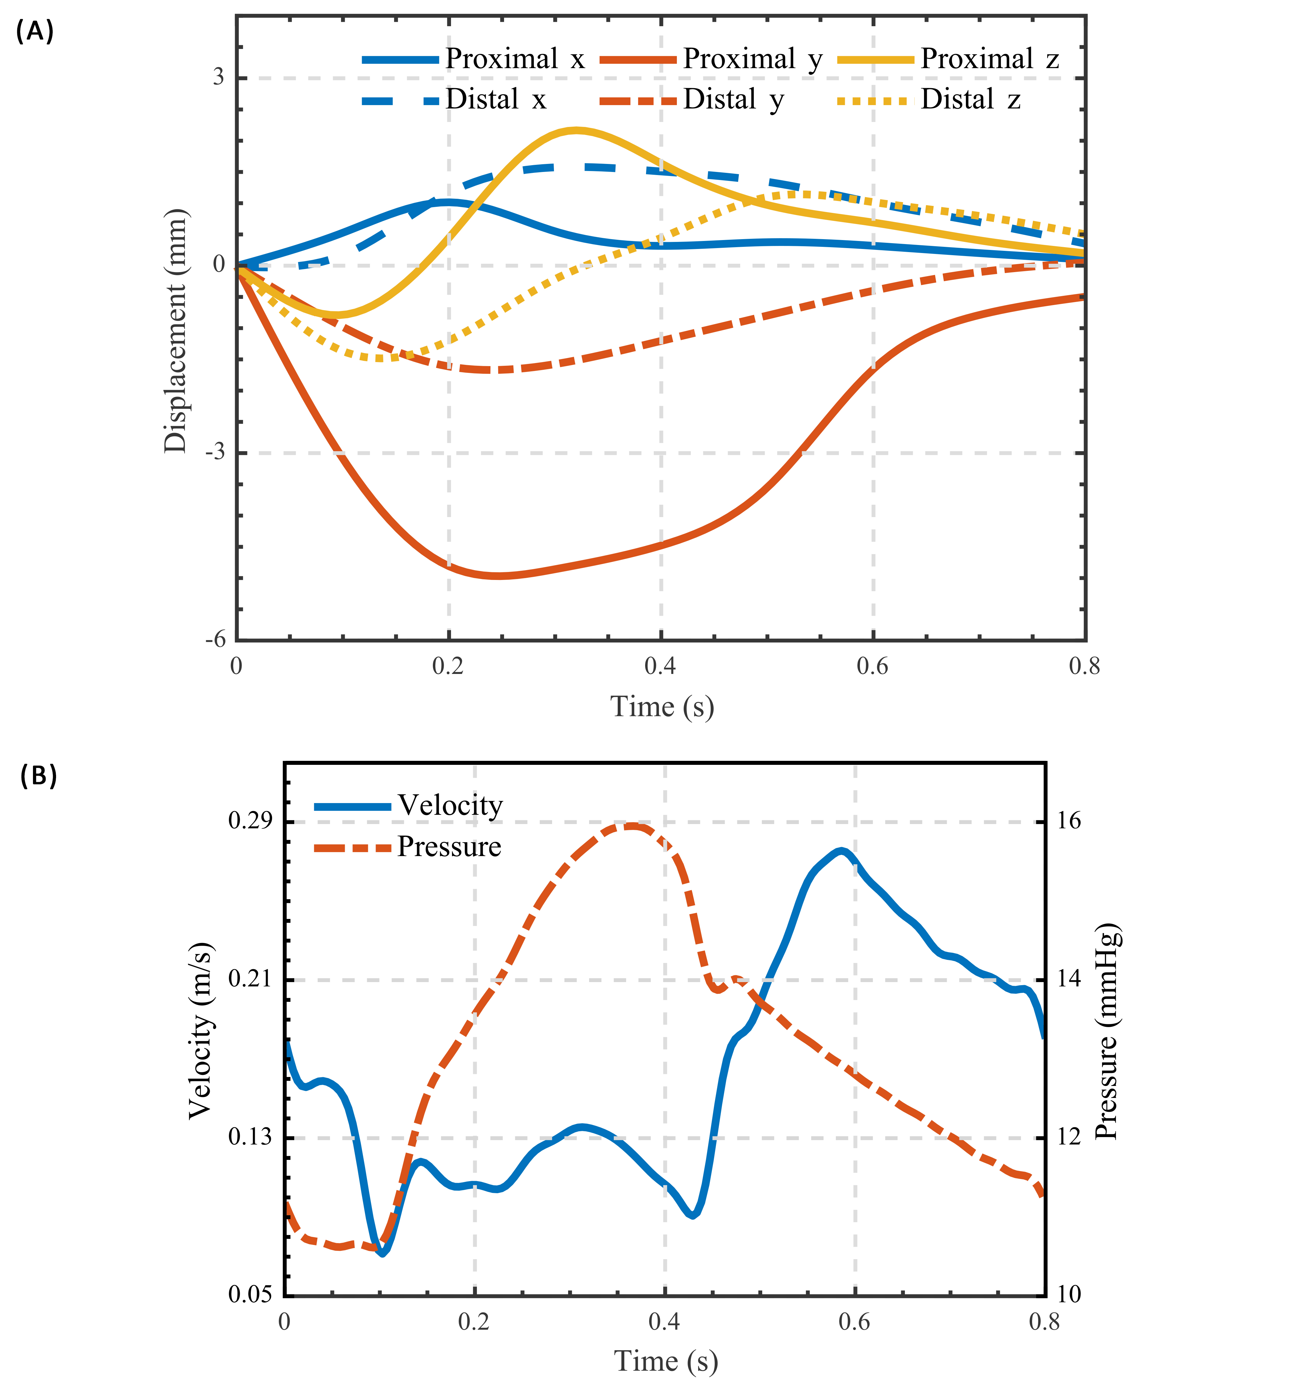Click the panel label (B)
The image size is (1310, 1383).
point(39,775)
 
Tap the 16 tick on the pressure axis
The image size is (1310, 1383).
point(1068,821)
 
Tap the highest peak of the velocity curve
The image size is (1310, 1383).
point(842,851)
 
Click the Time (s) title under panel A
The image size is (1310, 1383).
point(662,707)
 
